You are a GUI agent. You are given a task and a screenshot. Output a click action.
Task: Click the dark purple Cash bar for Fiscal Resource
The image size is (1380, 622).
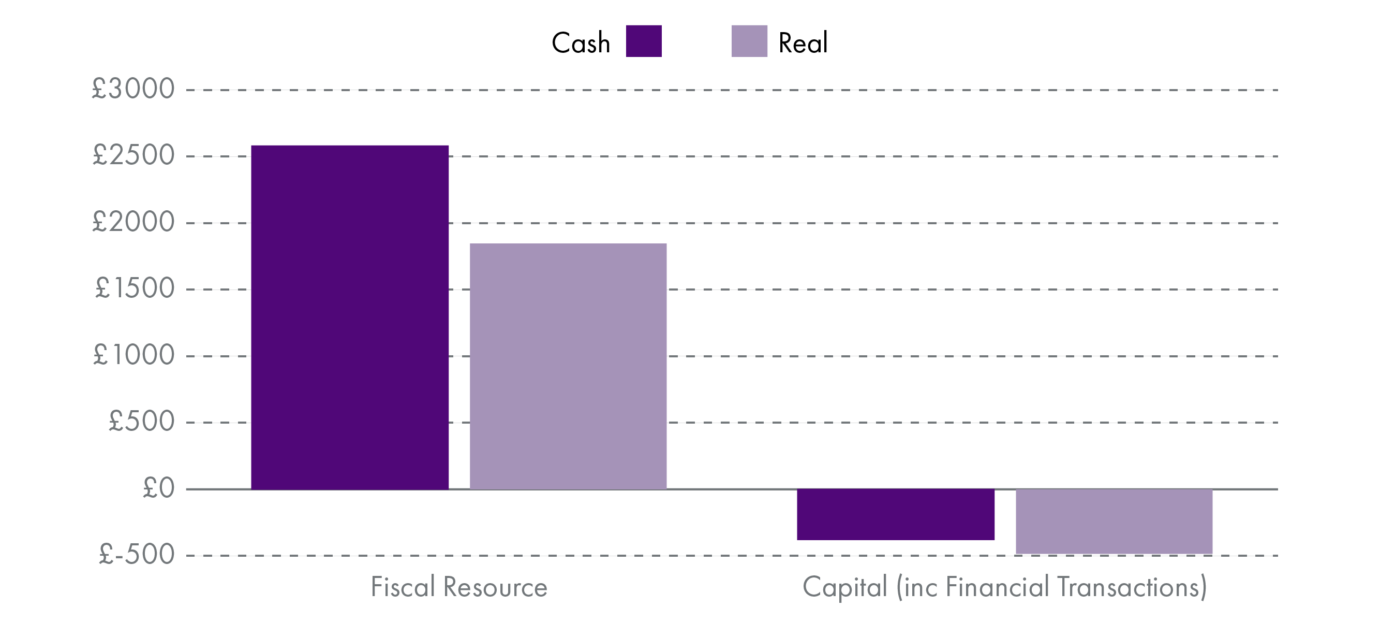pos(350,317)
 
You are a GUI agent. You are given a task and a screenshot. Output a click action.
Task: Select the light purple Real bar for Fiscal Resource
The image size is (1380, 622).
pos(568,366)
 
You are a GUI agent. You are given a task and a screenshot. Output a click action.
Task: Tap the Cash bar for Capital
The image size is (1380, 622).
pos(895,514)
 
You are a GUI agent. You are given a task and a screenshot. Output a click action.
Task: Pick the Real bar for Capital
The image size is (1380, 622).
pos(1114,521)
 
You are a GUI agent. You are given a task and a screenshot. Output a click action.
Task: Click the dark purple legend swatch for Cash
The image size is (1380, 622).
pos(643,41)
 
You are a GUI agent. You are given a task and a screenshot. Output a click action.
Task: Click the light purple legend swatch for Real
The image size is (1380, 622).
pos(749,41)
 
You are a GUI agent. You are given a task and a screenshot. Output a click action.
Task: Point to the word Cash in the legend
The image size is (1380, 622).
pos(581,43)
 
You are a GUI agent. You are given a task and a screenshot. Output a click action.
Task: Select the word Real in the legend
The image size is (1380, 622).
pos(803,43)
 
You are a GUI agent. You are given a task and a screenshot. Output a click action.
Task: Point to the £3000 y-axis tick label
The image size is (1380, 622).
pos(133,89)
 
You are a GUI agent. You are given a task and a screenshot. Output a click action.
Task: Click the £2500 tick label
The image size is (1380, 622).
pos(133,155)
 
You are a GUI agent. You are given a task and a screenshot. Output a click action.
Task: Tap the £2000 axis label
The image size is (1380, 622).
pos(133,222)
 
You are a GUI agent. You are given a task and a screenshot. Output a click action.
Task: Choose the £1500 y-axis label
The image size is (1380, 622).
pos(135,288)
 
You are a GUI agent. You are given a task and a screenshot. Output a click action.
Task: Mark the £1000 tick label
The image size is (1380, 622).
pos(133,354)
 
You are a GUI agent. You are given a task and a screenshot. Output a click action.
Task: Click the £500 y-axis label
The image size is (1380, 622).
pos(141,421)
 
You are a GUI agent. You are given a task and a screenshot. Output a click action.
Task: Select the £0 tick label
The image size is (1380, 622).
pos(158,488)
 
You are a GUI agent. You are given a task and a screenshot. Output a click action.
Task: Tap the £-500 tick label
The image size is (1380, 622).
pos(137,555)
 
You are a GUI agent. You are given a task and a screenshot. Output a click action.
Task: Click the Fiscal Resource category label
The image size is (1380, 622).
pos(459,587)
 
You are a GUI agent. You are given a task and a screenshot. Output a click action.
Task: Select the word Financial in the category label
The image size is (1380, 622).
pos(997,587)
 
